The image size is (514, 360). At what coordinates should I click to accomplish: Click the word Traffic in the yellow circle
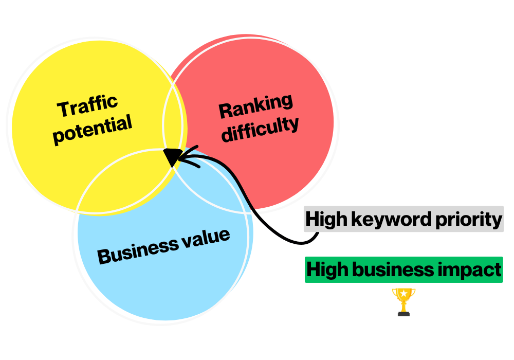coord(87,105)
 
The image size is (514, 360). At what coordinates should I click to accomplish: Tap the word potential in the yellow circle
coord(93,129)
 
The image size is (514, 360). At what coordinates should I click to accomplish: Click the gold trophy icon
coord(403,301)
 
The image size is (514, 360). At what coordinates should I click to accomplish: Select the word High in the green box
coord(326,268)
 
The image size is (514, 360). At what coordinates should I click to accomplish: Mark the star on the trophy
coord(403,294)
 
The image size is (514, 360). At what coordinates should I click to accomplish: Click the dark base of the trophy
coord(403,313)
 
